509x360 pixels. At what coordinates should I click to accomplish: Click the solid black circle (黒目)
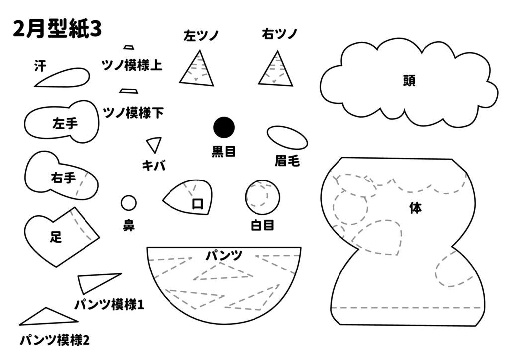pyautogui.click(x=224, y=127)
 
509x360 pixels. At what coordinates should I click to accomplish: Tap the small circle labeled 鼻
pyautogui.click(x=128, y=203)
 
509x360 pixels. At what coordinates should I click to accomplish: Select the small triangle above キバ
pyautogui.click(x=154, y=144)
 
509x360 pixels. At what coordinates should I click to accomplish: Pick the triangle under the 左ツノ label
pyautogui.click(x=197, y=70)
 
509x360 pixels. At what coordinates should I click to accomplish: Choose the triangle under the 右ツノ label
pyautogui.click(x=275, y=70)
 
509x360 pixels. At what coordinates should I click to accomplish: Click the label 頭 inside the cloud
pyautogui.click(x=409, y=81)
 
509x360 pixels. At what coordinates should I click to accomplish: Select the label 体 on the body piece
pyautogui.click(x=415, y=209)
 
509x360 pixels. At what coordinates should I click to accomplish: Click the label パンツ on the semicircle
pyautogui.click(x=224, y=256)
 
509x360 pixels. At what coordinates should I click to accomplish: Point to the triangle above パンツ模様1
pyautogui.click(x=95, y=282)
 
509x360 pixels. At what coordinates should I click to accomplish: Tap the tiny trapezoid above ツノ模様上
pyautogui.click(x=129, y=47)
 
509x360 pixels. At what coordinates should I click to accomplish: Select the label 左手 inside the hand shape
pyautogui.click(x=65, y=124)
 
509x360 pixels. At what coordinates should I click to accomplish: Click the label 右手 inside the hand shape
pyautogui.click(x=63, y=178)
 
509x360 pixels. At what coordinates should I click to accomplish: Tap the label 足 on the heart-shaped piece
pyautogui.click(x=56, y=238)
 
